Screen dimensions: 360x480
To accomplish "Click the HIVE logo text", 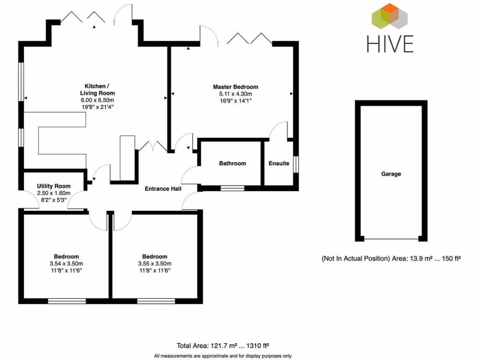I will pos(390,43).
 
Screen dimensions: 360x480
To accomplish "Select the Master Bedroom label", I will pos(235,87).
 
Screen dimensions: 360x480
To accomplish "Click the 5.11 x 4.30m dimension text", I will pos(235,94).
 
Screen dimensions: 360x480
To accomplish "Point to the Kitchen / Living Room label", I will pos(97,90).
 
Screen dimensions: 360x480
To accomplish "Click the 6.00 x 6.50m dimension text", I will pos(97,100).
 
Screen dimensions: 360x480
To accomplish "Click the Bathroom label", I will pos(232,164).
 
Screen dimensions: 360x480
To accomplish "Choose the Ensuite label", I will pos(279,164).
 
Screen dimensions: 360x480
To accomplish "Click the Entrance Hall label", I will pos(163,189).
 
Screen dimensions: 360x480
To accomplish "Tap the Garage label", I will pos(391,174).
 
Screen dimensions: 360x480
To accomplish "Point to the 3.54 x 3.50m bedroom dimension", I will pos(66,263).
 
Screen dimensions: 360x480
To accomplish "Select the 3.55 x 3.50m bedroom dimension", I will pos(155,263).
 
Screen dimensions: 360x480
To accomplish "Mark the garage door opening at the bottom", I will pos(391,240).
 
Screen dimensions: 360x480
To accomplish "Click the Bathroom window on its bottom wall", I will pos(232,188).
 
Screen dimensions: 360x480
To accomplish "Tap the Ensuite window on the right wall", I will pos(295,164).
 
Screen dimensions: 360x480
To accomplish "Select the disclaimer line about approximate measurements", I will pos(222,356).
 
